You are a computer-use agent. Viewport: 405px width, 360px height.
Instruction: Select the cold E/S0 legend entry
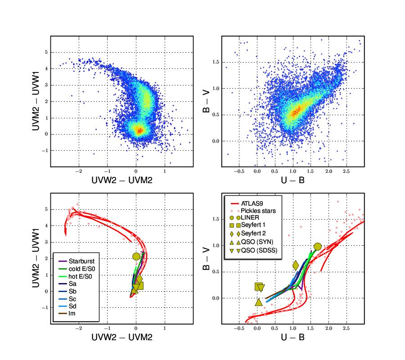[x=81, y=269]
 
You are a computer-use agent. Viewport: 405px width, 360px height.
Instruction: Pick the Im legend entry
[x=72, y=313]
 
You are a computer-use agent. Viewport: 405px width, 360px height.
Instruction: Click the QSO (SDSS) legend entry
[x=259, y=250]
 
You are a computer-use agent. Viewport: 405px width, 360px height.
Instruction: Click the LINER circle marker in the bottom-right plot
[x=318, y=246]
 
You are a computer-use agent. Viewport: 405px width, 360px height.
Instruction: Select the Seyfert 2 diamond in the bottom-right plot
[x=296, y=265]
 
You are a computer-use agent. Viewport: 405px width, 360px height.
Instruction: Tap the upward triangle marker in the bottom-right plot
[x=258, y=302]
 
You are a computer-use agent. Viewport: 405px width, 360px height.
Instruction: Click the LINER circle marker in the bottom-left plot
[x=136, y=256]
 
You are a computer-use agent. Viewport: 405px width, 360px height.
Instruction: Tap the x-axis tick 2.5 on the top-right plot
[x=346, y=171]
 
